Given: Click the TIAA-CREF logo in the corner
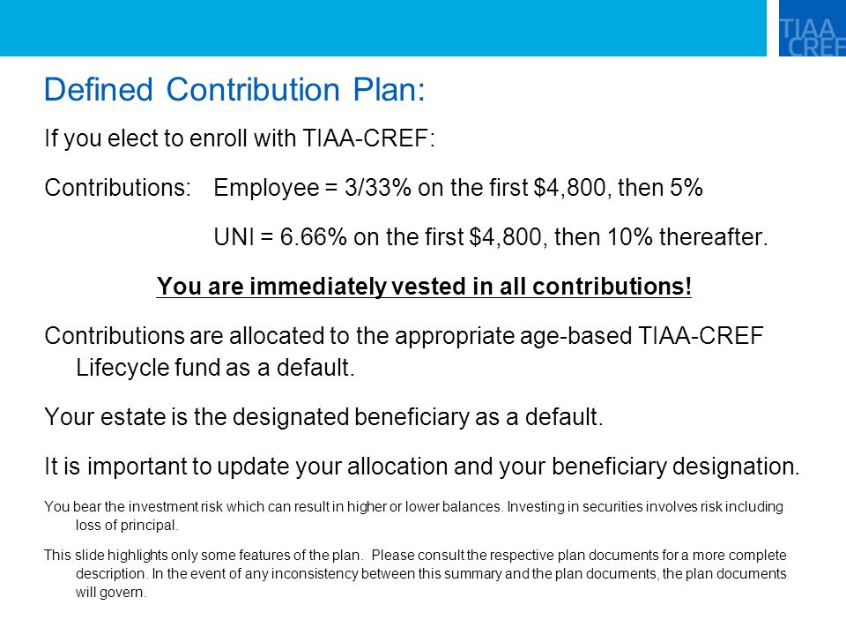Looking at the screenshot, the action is pyautogui.click(x=812, y=28).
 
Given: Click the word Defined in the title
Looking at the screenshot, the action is pyautogui.click(x=98, y=89).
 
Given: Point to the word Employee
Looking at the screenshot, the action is pyautogui.click(x=266, y=188).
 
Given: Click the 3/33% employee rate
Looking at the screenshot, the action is pyautogui.click(x=378, y=188).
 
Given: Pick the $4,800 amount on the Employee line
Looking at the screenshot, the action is pyautogui.click(x=569, y=188).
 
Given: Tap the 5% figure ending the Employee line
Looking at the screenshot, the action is pyautogui.click(x=686, y=188).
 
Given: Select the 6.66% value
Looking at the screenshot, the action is pyautogui.click(x=313, y=237).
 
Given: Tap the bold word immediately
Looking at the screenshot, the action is pyautogui.click(x=317, y=286).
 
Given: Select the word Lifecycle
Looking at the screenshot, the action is pyautogui.click(x=122, y=368).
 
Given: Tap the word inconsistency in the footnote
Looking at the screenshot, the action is pyautogui.click(x=315, y=573).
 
